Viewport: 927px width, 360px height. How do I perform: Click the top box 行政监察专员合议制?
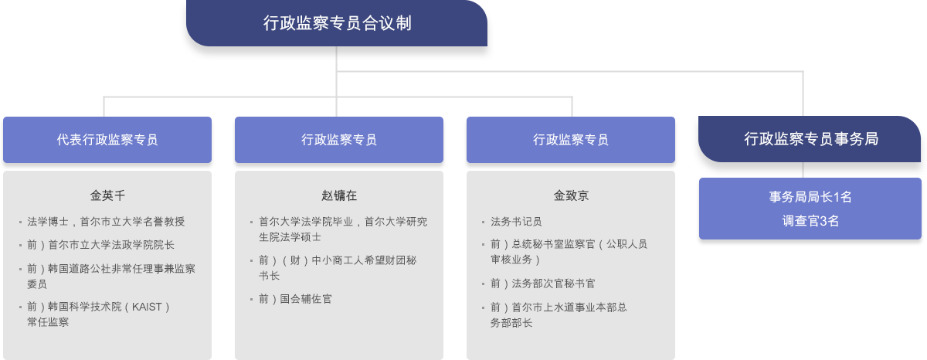pyautogui.click(x=337, y=23)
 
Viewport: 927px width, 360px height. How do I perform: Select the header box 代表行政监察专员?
pyautogui.click(x=107, y=140)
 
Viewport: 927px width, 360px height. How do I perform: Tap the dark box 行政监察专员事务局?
pyautogui.click(x=810, y=139)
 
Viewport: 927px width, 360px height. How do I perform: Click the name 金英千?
pyautogui.click(x=107, y=195)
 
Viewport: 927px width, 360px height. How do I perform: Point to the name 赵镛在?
pyautogui.click(x=339, y=195)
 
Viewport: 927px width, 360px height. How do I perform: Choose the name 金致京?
pyautogui.click(x=571, y=195)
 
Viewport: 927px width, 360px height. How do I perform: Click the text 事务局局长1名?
pyautogui.click(x=810, y=196)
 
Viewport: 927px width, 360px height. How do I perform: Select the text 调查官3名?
pyautogui.click(x=810, y=221)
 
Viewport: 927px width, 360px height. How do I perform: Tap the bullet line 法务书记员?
pyautogui.click(x=516, y=222)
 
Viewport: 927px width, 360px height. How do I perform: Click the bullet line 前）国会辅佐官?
pyautogui.click(x=295, y=299)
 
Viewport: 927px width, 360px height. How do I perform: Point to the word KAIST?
pyautogui.click(x=147, y=307)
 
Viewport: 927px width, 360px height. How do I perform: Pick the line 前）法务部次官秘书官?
pyautogui.click(x=542, y=284)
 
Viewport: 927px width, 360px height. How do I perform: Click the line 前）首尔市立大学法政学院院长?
pyautogui.click(x=100, y=245)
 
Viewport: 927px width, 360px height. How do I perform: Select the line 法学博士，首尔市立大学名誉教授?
pyautogui.click(x=106, y=222)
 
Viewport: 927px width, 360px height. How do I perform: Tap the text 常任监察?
pyautogui.click(x=48, y=322)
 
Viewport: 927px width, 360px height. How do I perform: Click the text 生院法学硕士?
pyautogui.click(x=290, y=237)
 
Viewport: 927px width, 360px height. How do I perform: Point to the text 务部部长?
pyautogui.click(x=511, y=323)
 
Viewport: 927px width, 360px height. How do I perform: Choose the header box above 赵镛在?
pyautogui.click(x=339, y=140)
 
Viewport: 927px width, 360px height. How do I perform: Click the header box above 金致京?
pyautogui.click(x=571, y=140)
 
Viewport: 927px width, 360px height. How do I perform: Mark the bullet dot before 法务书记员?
pyautogui.click(x=483, y=222)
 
